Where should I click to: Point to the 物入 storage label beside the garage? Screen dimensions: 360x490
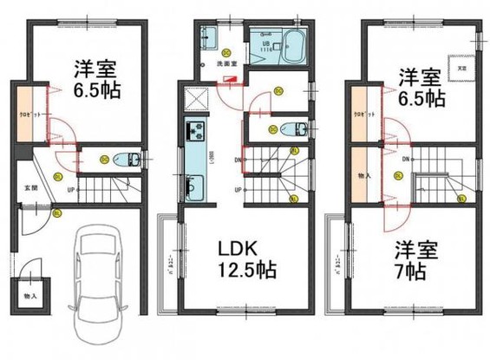29,296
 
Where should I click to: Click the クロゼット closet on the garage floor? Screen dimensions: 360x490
27,114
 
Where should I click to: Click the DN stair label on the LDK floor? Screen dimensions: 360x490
237,159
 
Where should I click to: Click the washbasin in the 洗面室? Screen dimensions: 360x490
209,37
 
